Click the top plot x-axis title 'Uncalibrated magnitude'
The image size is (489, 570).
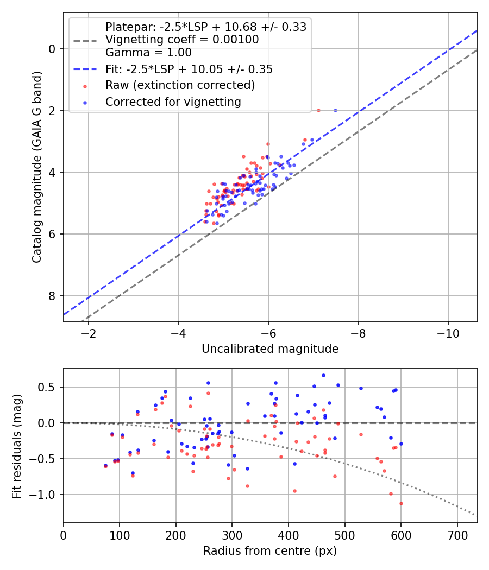pos(270,349)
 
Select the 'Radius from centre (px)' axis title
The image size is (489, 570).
pos(270,551)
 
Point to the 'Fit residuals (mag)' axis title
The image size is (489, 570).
pos(17,446)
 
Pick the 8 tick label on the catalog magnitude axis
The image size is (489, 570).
pos(52,296)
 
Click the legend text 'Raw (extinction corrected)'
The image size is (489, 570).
pos(180,85)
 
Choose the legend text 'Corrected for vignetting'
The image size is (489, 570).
pos(173,102)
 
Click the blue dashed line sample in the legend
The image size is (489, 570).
pos(85,69)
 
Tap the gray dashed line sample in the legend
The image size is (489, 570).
pos(85,40)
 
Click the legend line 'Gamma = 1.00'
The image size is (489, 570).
pos(148,53)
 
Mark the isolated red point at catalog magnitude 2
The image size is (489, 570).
pos(318,110)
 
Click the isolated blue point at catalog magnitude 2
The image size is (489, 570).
pos(335,110)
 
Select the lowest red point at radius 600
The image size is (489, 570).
pos(401,503)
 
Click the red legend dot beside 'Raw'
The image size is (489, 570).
pos(85,86)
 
